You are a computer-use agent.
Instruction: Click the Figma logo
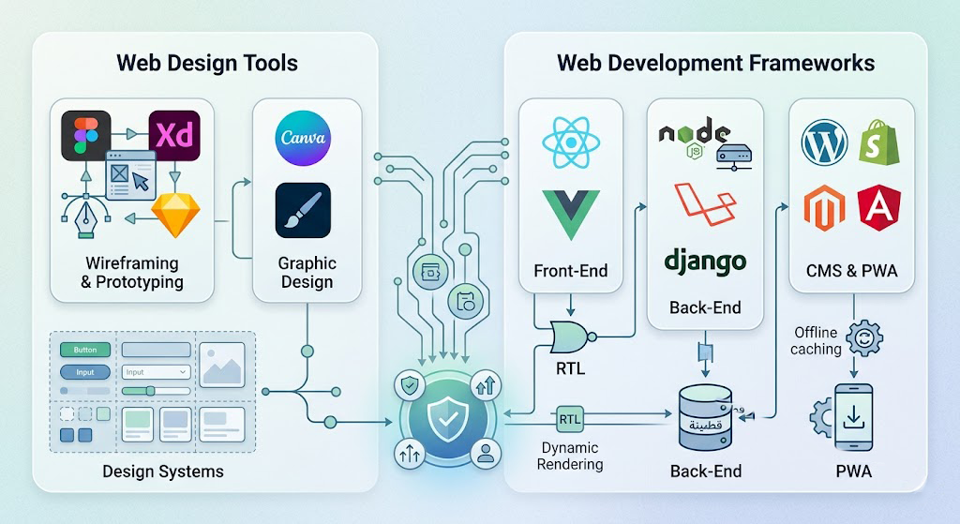(85, 135)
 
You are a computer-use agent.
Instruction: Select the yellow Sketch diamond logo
(172, 216)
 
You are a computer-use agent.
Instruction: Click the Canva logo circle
(303, 138)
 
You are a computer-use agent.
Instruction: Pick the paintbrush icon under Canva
(303, 210)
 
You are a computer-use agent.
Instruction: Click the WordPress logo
(825, 142)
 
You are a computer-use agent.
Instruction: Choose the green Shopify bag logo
(880, 142)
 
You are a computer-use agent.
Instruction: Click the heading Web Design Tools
(207, 64)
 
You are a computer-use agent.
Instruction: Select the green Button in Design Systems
(85, 350)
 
